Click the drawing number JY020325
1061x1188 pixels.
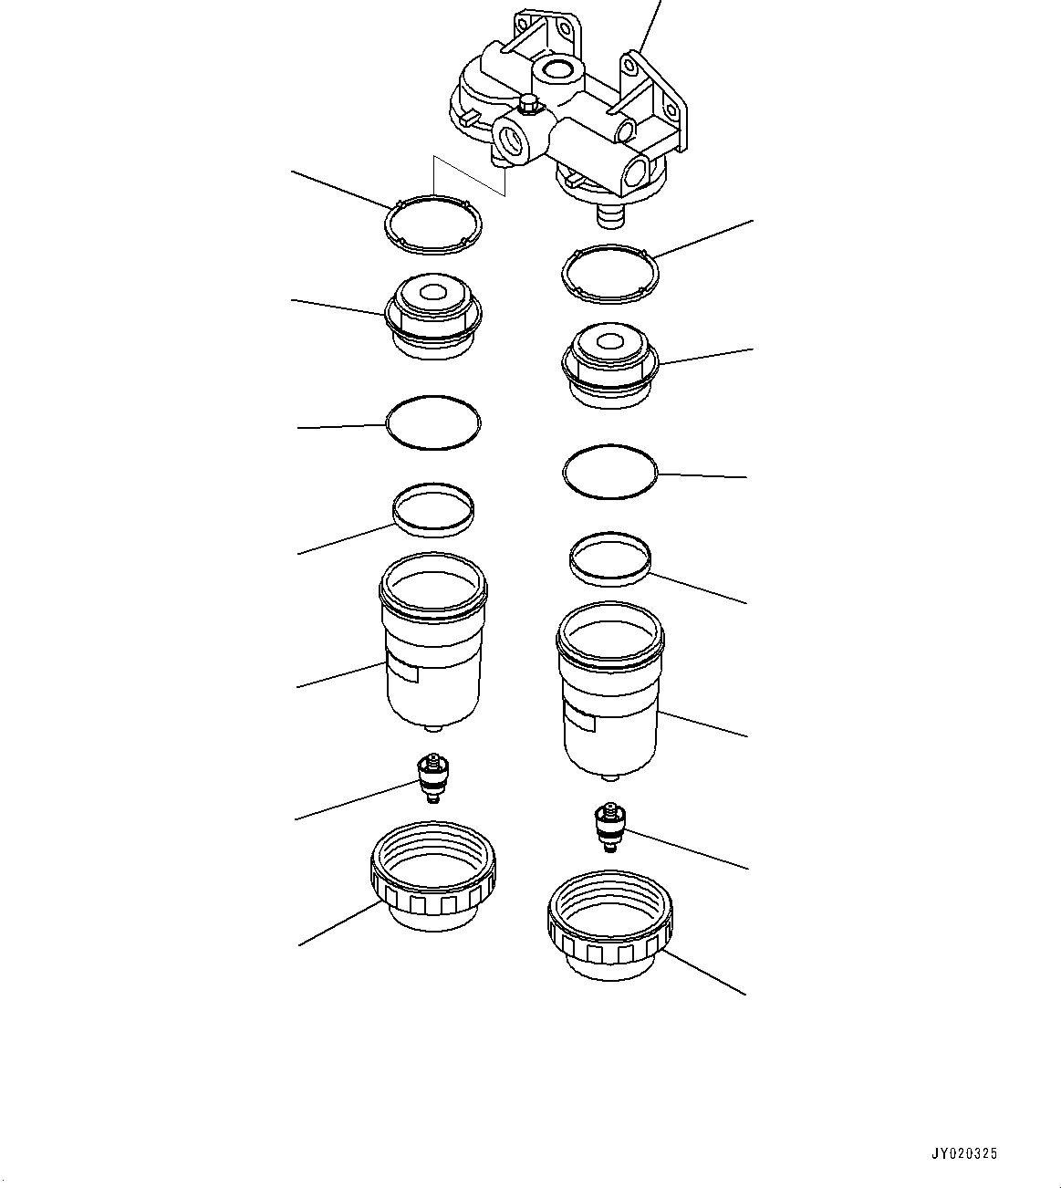[964, 1153]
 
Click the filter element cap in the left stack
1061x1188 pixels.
[434, 316]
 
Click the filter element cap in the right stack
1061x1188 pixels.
[609, 367]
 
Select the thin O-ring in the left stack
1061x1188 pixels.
[433, 422]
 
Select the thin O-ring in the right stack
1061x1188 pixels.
[610, 472]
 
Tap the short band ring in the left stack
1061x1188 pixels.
[433, 507]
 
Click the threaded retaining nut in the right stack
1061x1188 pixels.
[609, 926]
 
